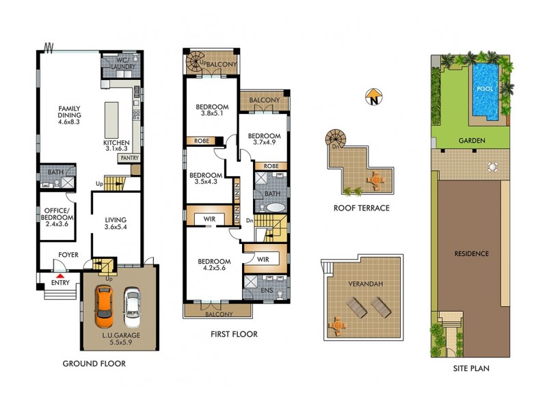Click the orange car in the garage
coord(104,306)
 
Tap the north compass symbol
coord(373,98)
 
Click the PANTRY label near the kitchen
coord(129,158)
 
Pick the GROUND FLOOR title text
coord(94,364)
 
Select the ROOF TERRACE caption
coord(362,208)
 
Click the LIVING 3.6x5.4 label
coord(115,223)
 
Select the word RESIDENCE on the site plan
coord(472,254)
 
